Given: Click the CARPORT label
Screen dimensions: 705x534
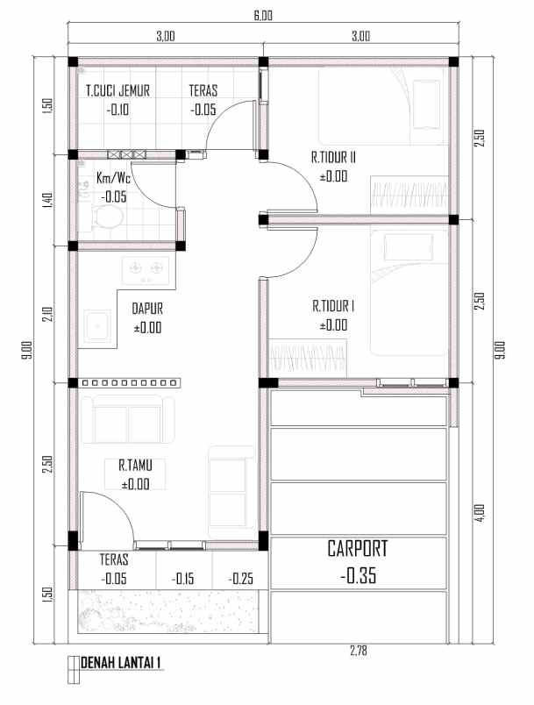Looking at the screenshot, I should (356, 549).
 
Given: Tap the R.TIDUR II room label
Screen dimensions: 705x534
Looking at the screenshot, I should (332, 159).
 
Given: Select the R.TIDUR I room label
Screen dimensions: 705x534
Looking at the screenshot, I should (332, 307).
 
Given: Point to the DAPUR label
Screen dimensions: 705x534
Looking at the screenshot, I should (147, 309).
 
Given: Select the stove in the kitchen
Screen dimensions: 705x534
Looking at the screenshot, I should (144, 269).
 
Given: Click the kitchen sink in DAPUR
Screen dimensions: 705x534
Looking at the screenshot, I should (96, 324).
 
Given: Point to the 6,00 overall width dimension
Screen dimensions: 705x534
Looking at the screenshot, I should (263, 15).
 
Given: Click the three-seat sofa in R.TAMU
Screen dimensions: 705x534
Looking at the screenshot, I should (128, 419).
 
